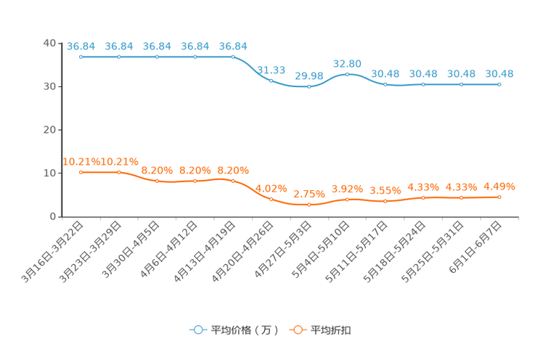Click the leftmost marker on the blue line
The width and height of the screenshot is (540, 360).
(81, 56)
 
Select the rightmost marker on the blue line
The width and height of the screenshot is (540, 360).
(499, 84)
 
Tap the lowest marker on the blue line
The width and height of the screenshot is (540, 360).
(309, 86)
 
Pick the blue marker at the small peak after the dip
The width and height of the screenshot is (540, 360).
(348, 74)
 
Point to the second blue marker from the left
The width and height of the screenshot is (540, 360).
(119, 56)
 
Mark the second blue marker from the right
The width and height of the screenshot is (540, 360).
(461, 84)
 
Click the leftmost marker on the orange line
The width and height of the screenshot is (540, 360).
(81, 171)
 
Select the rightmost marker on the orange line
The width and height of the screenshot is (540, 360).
(499, 197)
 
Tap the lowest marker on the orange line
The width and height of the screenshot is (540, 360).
(309, 205)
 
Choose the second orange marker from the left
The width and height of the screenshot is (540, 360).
(119, 171)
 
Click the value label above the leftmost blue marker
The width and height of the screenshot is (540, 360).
(81, 46)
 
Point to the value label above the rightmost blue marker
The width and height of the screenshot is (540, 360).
(499, 73)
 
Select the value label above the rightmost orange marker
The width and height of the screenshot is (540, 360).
(499, 187)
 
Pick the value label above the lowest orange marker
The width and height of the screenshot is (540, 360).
(309, 195)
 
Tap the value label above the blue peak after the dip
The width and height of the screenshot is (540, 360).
(348, 64)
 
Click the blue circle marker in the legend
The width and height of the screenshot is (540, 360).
(197, 330)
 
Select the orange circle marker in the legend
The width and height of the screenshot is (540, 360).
(297, 330)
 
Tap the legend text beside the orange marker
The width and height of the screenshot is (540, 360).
(331, 330)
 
